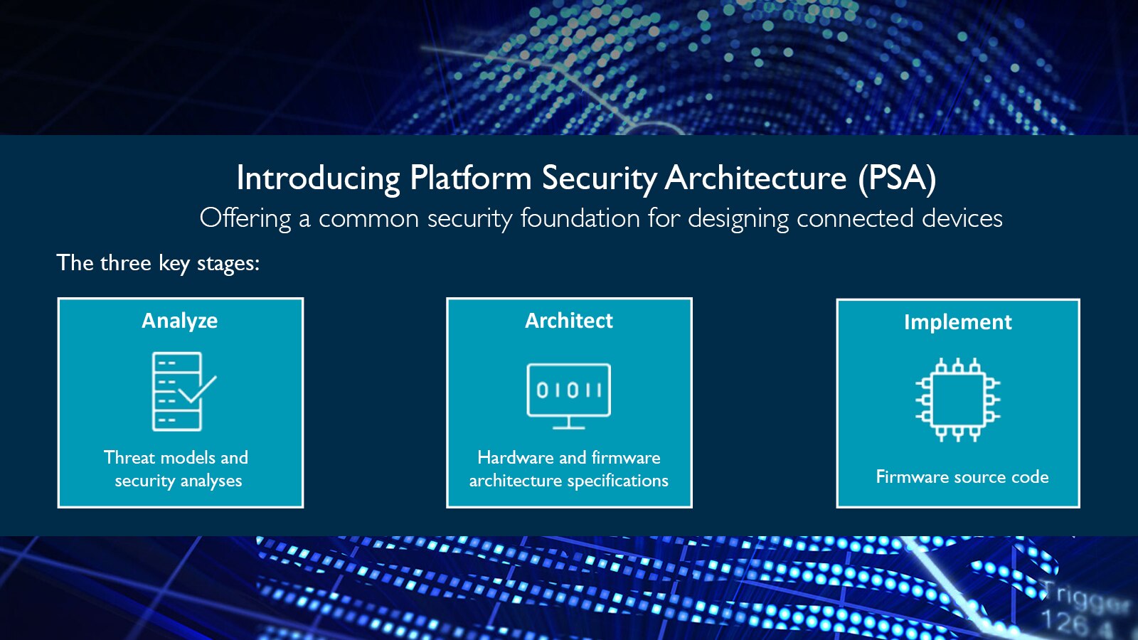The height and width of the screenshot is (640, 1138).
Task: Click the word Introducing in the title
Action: click(318, 178)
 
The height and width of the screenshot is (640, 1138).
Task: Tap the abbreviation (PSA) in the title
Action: click(897, 178)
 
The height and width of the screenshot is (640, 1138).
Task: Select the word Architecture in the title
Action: click(755, 178)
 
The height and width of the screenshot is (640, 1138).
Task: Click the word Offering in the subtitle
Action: click(245, 218)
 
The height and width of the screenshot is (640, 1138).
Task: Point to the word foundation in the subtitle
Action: click(580, 218)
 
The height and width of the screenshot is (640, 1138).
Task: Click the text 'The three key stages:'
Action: click(158, 263)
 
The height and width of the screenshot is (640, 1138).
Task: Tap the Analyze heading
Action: click(179, 321)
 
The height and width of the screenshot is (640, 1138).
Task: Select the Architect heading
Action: click(568, 321)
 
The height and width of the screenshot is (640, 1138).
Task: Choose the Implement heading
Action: click(957, 322)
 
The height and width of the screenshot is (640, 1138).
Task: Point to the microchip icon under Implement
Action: click(957, 400)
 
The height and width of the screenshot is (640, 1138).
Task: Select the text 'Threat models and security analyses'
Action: click(176, 469)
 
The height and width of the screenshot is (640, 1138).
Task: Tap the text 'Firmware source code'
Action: click(962, 476)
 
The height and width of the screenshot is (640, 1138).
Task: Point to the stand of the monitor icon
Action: click(568, 424)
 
